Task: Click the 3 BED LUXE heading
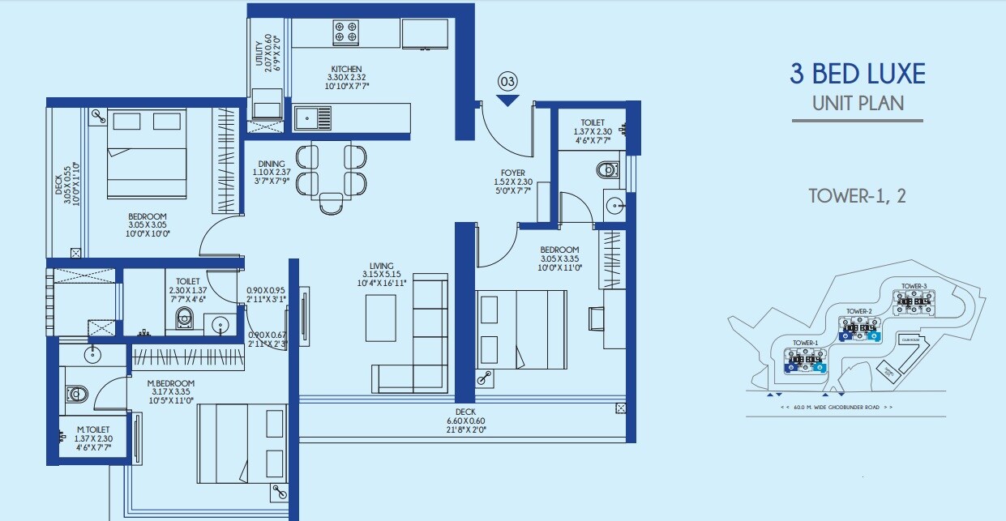(858, 75)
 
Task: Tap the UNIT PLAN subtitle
(858, 103)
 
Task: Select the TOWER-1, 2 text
(857, 196)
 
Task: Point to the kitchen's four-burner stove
(346, 33)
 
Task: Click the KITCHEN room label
(346, 69)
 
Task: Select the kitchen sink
(313, 118)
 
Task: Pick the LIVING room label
(381, 266)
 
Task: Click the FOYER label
(512, 173)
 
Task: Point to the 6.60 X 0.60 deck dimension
(465, 421)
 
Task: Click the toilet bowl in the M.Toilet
(77, 394)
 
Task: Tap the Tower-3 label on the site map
(913, 286)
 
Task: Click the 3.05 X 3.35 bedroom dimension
(560, 258)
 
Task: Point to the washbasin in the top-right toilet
(614, 203)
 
